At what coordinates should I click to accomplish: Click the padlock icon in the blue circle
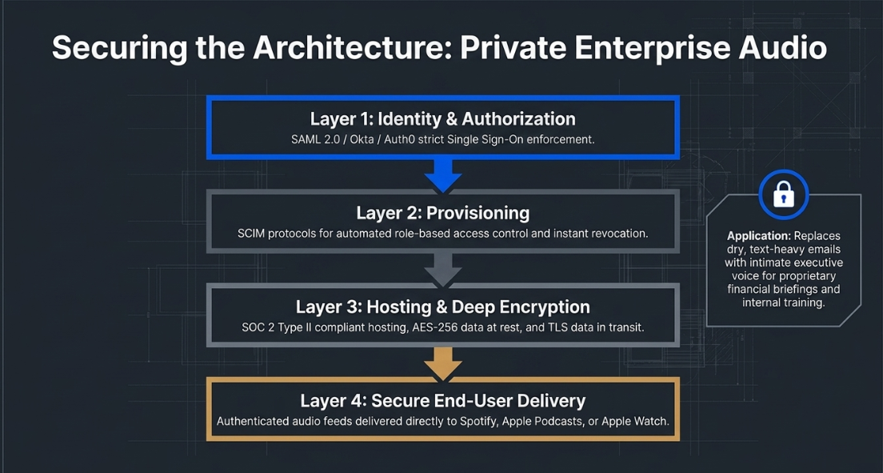click(783, 195)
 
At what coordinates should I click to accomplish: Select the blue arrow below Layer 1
click(442, 175)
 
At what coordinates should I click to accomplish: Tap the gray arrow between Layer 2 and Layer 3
click(442, 270)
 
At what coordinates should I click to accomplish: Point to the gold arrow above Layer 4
click(442, 363)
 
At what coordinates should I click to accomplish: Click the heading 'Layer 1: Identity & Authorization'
click(442, 119)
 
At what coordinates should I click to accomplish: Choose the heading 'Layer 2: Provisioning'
click(442, 213)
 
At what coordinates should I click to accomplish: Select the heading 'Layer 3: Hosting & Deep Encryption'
click(442, 307)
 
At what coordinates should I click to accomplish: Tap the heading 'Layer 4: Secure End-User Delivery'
click(442, 401)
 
